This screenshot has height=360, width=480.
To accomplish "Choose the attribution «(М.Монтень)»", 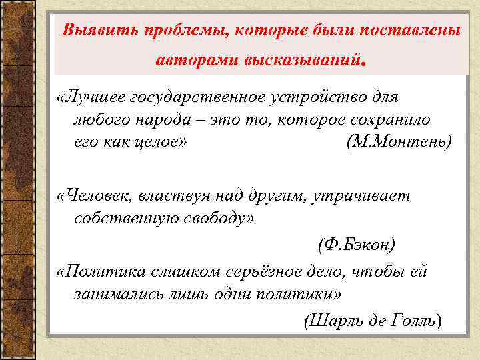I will pos(399,142).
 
